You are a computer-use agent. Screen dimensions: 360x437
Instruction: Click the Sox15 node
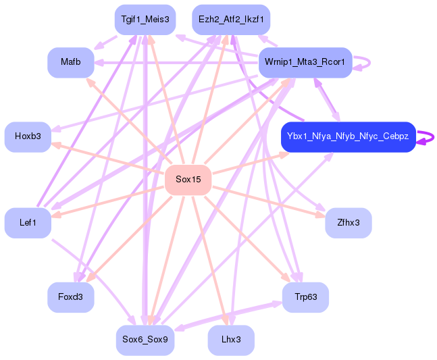188,179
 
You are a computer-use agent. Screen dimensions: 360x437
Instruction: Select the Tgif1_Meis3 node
145,20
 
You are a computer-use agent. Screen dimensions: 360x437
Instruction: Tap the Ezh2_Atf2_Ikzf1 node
231,20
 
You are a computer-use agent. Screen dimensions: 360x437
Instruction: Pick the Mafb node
71,62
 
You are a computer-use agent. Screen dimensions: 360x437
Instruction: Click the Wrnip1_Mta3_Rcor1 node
305,62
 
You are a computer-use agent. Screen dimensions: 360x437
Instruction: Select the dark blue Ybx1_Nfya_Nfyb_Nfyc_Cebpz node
348,136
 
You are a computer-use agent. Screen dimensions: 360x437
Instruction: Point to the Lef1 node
28,222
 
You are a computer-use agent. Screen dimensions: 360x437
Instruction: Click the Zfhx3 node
348,222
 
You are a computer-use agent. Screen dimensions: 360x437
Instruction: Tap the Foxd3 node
71,297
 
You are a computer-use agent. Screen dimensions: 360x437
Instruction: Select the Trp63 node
305,297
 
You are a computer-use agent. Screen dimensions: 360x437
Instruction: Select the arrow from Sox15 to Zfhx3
270,200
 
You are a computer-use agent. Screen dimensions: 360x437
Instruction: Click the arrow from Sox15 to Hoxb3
108,158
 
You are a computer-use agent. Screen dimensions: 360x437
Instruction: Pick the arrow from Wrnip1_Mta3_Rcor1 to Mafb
176,62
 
